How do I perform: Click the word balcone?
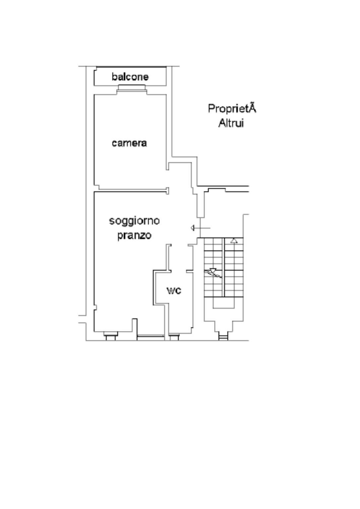tap(130, 77)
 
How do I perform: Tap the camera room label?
tap(129, 143)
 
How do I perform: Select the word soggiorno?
tap(134, 221)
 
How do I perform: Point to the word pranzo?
tap(134, 235)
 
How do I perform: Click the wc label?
tap(174, 291)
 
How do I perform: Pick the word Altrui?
tap(231, 123)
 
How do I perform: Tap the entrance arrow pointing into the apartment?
tap(201, 228)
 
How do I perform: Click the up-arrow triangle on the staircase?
tap(234, 241)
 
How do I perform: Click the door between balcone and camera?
tap(132, 89)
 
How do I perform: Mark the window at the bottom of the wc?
tap(174, 337)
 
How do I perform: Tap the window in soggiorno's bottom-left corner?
tap(111, 336)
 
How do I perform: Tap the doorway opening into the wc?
tap(179, 271)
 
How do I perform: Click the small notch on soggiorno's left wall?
tap(95, 308)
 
